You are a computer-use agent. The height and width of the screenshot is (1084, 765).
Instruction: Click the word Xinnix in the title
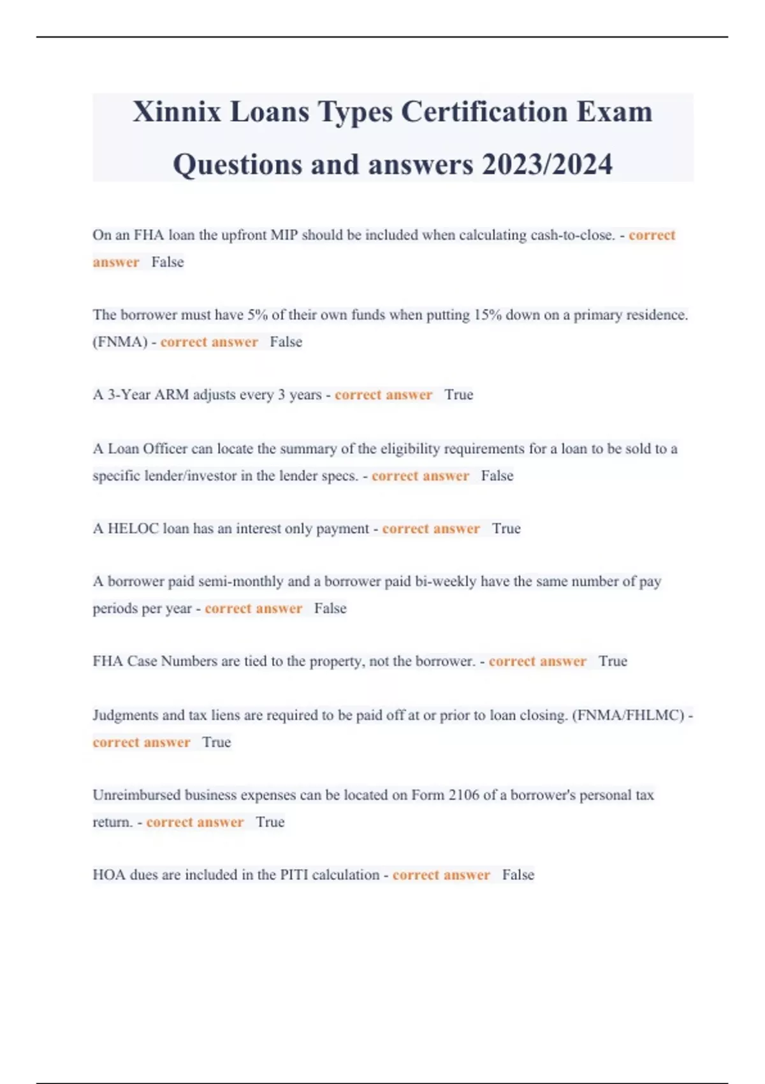177,112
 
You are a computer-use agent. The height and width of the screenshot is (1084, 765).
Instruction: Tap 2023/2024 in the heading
547,165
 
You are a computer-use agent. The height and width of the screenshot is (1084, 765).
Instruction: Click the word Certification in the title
483,112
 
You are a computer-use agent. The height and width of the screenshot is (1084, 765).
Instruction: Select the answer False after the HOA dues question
518,875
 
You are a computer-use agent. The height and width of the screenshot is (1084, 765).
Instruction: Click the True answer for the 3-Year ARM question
458,395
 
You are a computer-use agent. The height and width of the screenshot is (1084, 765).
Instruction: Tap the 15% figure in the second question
488,315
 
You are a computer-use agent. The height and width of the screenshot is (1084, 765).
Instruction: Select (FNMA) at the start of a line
120,342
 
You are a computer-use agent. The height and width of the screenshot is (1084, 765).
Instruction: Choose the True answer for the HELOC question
506,529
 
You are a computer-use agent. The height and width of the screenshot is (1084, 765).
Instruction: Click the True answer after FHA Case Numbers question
613,661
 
